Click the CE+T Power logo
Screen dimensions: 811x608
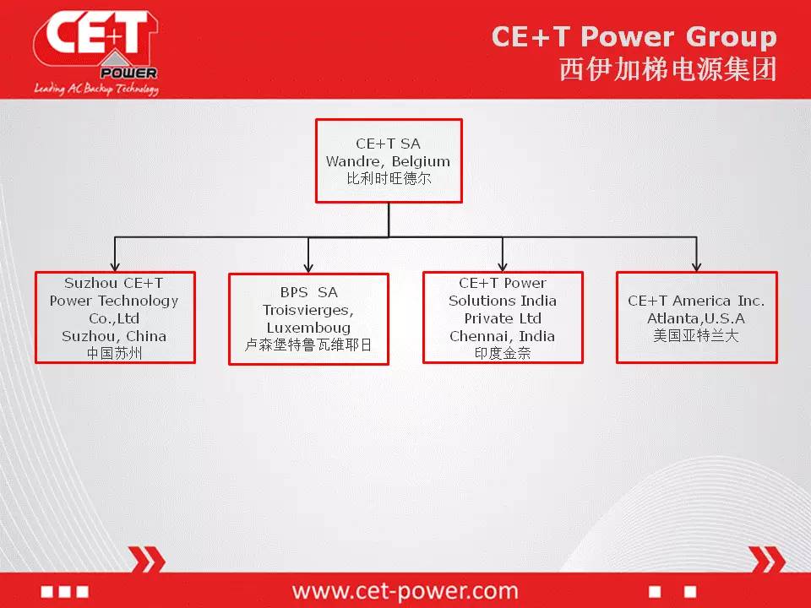tap(96, 52)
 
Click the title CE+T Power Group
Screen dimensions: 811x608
tap(634, 36)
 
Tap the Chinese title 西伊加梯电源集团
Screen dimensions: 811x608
tap(667, 69)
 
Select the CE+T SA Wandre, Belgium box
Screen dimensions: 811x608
tap(389, 160)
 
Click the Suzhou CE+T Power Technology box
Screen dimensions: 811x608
tap(115, 318)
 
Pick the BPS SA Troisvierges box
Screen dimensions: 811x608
tap(308, 319)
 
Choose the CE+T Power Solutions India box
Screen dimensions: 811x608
tap(503, 318)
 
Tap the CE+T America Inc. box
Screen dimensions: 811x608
tap(697, 318)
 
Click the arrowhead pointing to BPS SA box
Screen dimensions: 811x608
tap(308, 267)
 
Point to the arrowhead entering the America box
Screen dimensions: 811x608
tap(697, 265)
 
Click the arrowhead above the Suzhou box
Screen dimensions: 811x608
tap(115, 265)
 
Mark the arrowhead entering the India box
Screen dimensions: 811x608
tap(503, 265)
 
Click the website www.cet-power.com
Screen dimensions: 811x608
tap(405, 590)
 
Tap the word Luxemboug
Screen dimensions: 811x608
tap(308, 328)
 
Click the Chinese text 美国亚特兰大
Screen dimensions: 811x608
tap(695, 336)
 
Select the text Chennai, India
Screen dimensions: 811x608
tap(502, 336)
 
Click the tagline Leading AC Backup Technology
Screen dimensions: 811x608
tap(96, 89)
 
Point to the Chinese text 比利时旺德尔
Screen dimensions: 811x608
tap(389, 178)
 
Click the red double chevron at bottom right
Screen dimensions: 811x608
tap(767, 559)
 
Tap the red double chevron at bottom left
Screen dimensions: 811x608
tap(147, 559)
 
